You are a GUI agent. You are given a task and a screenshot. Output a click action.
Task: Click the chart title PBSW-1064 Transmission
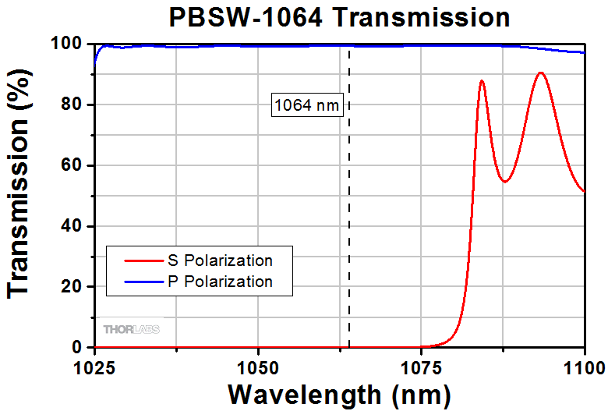[x=340, y=17]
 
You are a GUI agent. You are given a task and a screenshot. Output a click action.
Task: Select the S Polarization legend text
[x=220, y=260]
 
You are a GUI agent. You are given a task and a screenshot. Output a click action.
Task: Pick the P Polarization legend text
[x=220, y=282]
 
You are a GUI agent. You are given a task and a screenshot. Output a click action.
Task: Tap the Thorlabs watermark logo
[x=132, y=329]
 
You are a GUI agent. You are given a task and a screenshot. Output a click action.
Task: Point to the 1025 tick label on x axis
[x=94, y=366]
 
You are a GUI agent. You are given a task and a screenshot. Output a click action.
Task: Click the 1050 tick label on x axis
[x=258, y=366]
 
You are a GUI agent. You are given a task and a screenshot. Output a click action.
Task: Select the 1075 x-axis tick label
[x=421, y=366]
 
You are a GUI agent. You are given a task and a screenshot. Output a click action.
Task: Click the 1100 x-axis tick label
[x=583, y=366]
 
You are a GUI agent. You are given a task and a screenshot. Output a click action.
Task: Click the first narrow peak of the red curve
[x=482, y=80]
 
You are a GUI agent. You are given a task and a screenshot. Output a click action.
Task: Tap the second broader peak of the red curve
[x=540, y=73]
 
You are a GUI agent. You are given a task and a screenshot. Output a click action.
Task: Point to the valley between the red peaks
[x=505, y=182]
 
